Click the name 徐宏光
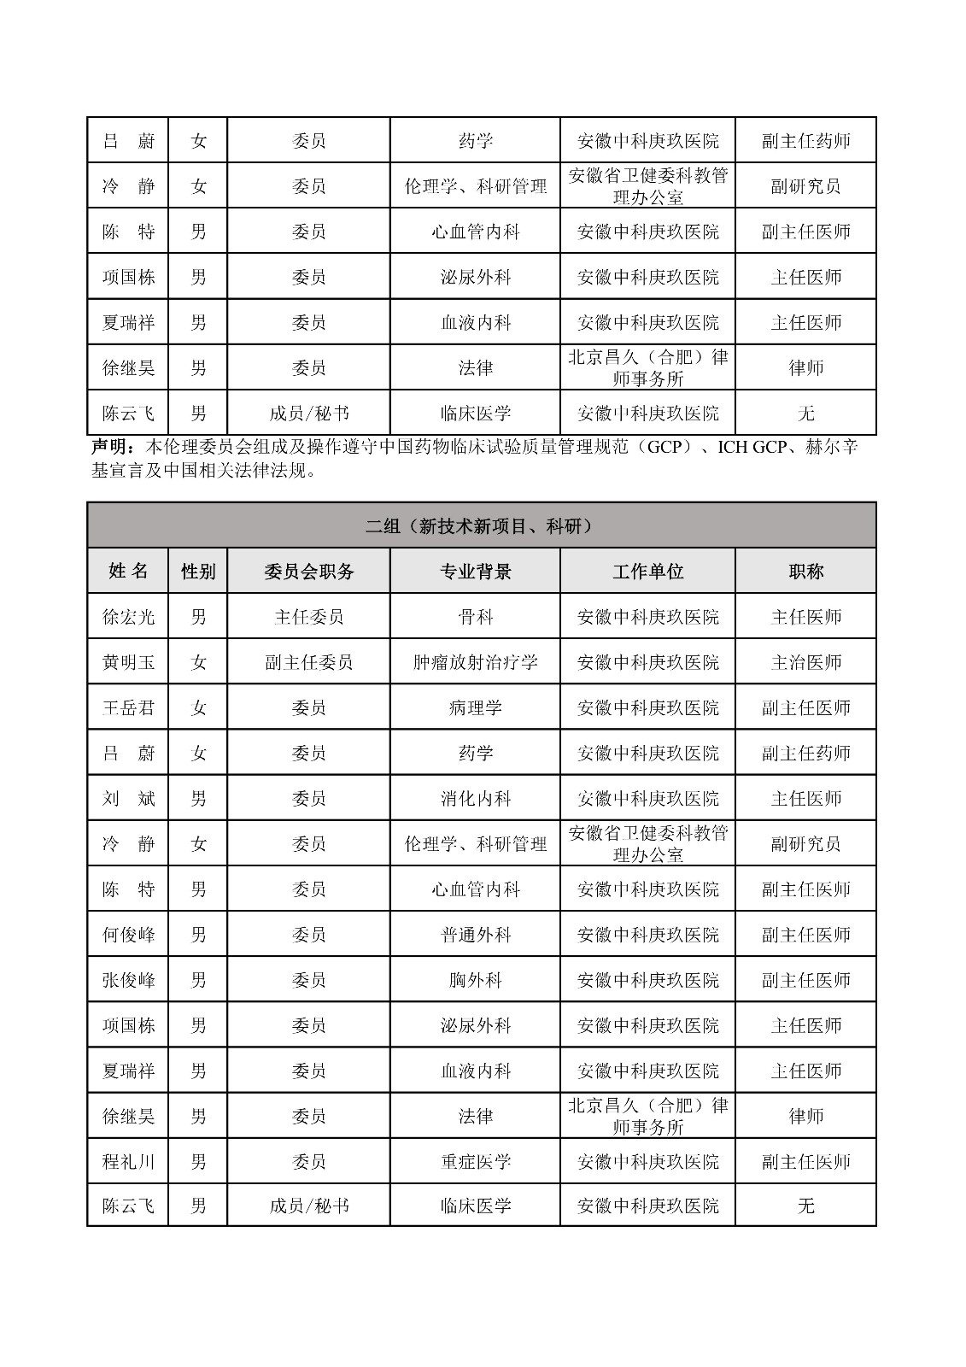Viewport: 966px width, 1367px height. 128,617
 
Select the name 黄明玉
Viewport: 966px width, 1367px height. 128,662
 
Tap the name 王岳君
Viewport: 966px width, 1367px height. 128,707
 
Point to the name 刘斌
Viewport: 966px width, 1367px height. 128,799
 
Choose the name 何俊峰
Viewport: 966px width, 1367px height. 128,935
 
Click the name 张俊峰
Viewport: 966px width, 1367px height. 128,980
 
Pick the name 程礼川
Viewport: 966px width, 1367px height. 128,1162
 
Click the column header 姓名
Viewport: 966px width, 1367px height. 128,572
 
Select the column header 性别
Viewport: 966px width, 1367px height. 198,572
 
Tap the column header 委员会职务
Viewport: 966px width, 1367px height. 308,572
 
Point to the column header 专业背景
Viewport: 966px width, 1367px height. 475,572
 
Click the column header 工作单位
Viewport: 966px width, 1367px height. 647,572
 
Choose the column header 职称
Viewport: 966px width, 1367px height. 805,572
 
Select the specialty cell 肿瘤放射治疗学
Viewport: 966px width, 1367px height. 475,662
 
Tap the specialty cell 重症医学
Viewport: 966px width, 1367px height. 475,1162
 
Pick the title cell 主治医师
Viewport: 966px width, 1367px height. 805,662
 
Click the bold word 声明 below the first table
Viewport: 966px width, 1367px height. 111,447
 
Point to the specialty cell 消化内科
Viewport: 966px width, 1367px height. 475,799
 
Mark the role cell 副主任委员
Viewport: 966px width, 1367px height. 308,662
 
